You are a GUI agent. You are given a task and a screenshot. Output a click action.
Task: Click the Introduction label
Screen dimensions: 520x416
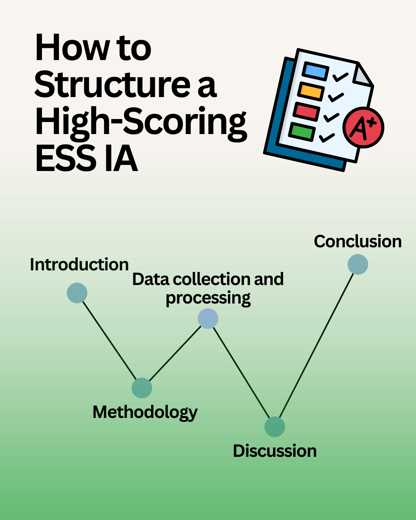pyautogui.click(x=79, y=265)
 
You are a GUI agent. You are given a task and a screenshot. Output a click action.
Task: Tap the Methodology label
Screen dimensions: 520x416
pyautogui.click(x=145, y=412)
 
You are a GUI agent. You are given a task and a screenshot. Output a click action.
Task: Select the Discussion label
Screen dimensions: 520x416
pyautogui.click(x=275, y=451)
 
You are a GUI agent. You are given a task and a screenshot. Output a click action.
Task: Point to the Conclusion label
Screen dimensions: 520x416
pyautogui.click(x=358, y=242)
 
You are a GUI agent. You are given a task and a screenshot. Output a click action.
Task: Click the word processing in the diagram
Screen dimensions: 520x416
pyautogui.click(x=208, y=298)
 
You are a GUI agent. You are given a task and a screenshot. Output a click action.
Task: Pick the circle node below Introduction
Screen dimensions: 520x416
pyautogui.click(x=77, y=293)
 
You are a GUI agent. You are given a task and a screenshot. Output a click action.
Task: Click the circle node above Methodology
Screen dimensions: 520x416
pyautogui.click(x=142, y=388)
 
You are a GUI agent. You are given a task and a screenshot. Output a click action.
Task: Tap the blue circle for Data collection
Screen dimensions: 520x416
pyautogui.click(x=208, y=319)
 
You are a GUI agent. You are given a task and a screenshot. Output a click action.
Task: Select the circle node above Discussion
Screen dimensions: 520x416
pyautogui.click(x=275, y=427)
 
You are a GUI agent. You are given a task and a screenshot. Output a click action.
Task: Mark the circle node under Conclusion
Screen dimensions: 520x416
pyautogui.click(x=358, y=265)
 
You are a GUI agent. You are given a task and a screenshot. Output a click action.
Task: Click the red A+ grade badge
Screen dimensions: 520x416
pyautogui.click(x=363, y=127)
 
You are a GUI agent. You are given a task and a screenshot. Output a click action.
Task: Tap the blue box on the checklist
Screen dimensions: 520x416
pyautogui.click(x=315, y=71)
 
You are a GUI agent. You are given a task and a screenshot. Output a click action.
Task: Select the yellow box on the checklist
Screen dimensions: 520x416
pyautogui.click(x=311, y=91)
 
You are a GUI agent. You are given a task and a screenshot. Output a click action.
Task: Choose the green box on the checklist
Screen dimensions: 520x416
pyautogui.click(x=302, y=131)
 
